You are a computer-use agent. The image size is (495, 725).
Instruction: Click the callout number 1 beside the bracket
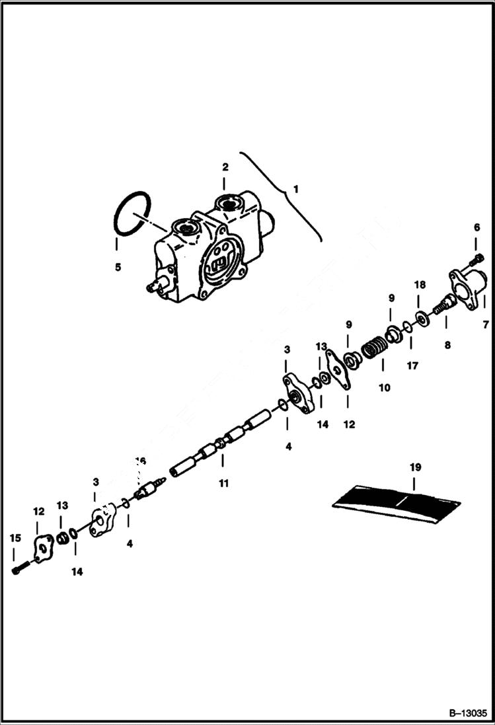296,189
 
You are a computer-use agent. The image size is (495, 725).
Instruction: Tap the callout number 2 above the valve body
225,167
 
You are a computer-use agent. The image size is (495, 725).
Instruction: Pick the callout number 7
485,325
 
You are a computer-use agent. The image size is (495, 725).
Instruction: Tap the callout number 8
447,345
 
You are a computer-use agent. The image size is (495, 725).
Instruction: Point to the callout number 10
384,387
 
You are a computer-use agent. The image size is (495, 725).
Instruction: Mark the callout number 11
223,484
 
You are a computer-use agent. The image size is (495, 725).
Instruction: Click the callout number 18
420,285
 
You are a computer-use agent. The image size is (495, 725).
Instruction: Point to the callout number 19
414,467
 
